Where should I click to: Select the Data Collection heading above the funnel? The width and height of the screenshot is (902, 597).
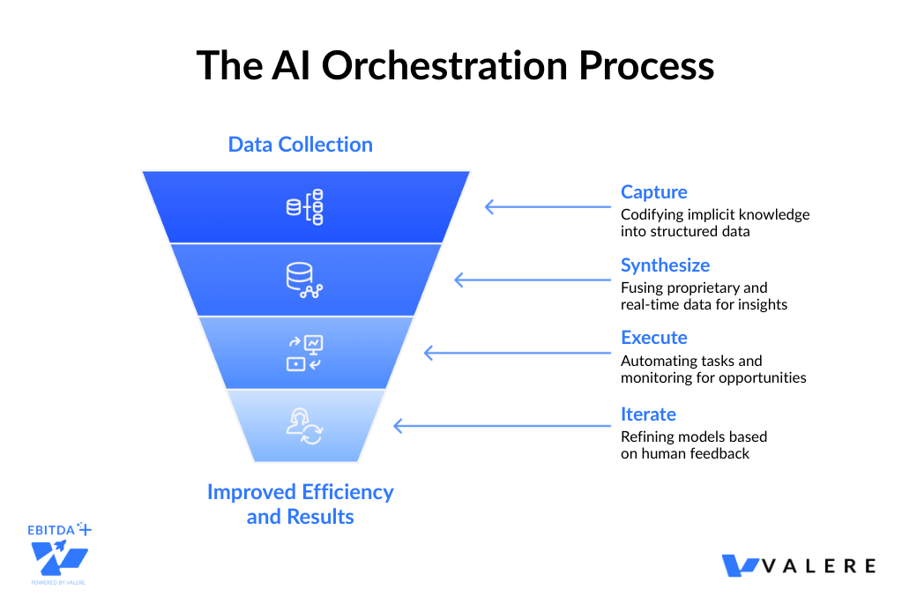click(x=300, y=145)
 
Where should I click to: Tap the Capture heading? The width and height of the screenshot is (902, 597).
click(x=653, y=192)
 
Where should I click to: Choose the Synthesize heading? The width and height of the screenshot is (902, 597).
click(x=665, y=265)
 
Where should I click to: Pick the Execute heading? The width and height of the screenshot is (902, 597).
click(x=653, y=338)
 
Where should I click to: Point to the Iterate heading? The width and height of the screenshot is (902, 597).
click(x=648, y=414)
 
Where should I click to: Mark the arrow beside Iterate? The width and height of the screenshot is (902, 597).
click(x=494, y=426)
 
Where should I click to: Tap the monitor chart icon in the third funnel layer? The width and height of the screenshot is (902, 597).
click(x=305, y=352)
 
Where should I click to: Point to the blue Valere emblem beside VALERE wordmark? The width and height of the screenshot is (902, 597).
click(x=741, y=565)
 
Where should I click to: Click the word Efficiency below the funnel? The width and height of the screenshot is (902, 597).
click(x=343, y=492)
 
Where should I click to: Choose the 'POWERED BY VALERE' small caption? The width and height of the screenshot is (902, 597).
click(x=58, y=583)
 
